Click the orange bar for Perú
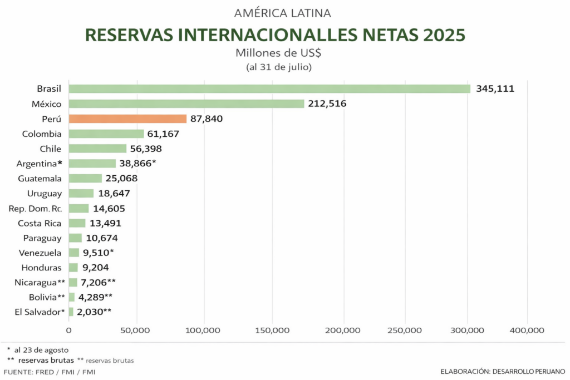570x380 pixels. tap(127, 119)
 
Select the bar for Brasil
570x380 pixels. tap(269, 88)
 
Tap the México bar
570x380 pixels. tap(186, 103)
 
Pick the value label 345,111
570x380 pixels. tap(495, 88)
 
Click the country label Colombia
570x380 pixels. tap(42, 134)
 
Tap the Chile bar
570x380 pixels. tap(97, 149)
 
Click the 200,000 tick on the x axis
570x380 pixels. tap(343, 330)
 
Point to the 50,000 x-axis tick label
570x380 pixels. tap(135, 330)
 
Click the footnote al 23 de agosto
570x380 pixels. tap(42, 349)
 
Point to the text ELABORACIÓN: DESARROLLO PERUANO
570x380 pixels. tap(502, 371)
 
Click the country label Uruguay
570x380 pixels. tap(44, 194)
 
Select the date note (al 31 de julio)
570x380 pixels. tap(278, 67)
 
